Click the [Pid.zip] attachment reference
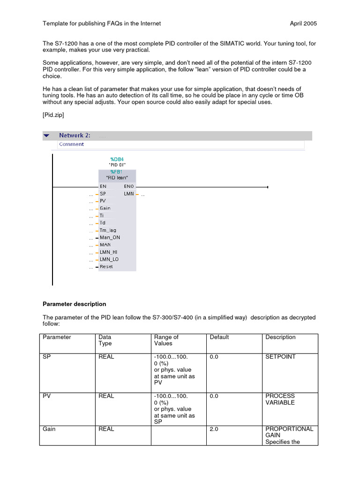coord(53,114)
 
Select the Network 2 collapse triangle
coord(46,135)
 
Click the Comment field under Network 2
coord(71,144)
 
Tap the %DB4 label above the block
coord(117,159)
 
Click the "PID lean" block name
coord(117,178)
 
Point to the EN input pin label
coord(103,186)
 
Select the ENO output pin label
coord(129,186)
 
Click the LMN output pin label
coord(129,194)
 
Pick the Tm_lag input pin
coord(108,230)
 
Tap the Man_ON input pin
coord(110,237)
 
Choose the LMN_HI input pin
coord(109,252)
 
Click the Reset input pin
coord(106,267)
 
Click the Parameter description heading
coord(74,304)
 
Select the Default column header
coord(219,337)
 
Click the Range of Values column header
coord(166,340)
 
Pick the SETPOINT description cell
coord(281,357)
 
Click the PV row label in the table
coord(47,396)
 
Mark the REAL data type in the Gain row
coord(106,429)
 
